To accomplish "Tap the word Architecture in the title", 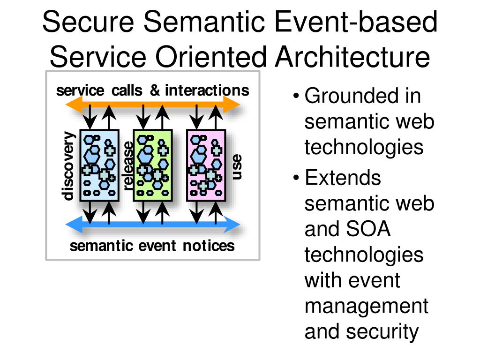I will [x=352, y=57].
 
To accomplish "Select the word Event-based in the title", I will [x=356, y=23].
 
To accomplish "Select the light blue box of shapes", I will [x=100, y=165].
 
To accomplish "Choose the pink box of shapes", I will [x=206, y=165].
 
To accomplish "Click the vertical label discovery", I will [x=68, y=166].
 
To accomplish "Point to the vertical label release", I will [x=127, y=166].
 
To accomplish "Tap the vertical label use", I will [x=237, y=166].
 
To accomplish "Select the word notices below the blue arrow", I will [x=209, y=245].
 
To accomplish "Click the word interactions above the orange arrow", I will [x=207, y=90].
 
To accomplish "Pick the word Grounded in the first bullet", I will [x=345, y=96].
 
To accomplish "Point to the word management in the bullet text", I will [x=366, y=306].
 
